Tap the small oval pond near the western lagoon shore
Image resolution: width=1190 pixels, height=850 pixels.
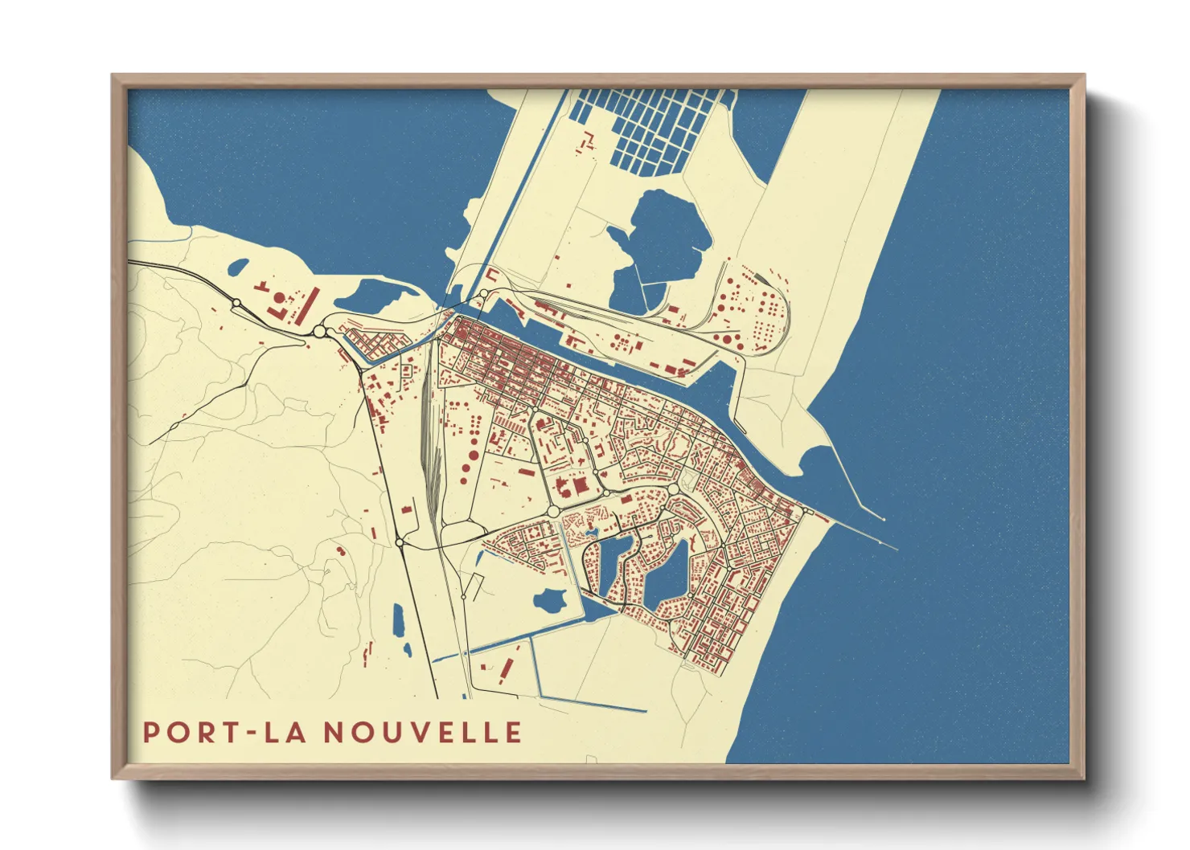pos(240,266)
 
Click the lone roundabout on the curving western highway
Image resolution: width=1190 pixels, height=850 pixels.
pos(236,303)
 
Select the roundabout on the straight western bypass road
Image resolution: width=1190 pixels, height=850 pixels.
pos(400,544)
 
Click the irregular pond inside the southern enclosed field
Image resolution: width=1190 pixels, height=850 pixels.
pos(550,599)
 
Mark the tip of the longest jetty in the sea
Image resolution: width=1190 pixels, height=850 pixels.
pos(897,549)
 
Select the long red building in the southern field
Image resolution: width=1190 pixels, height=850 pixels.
pos(507,668)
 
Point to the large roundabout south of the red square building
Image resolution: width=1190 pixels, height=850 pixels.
pos(553,511)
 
